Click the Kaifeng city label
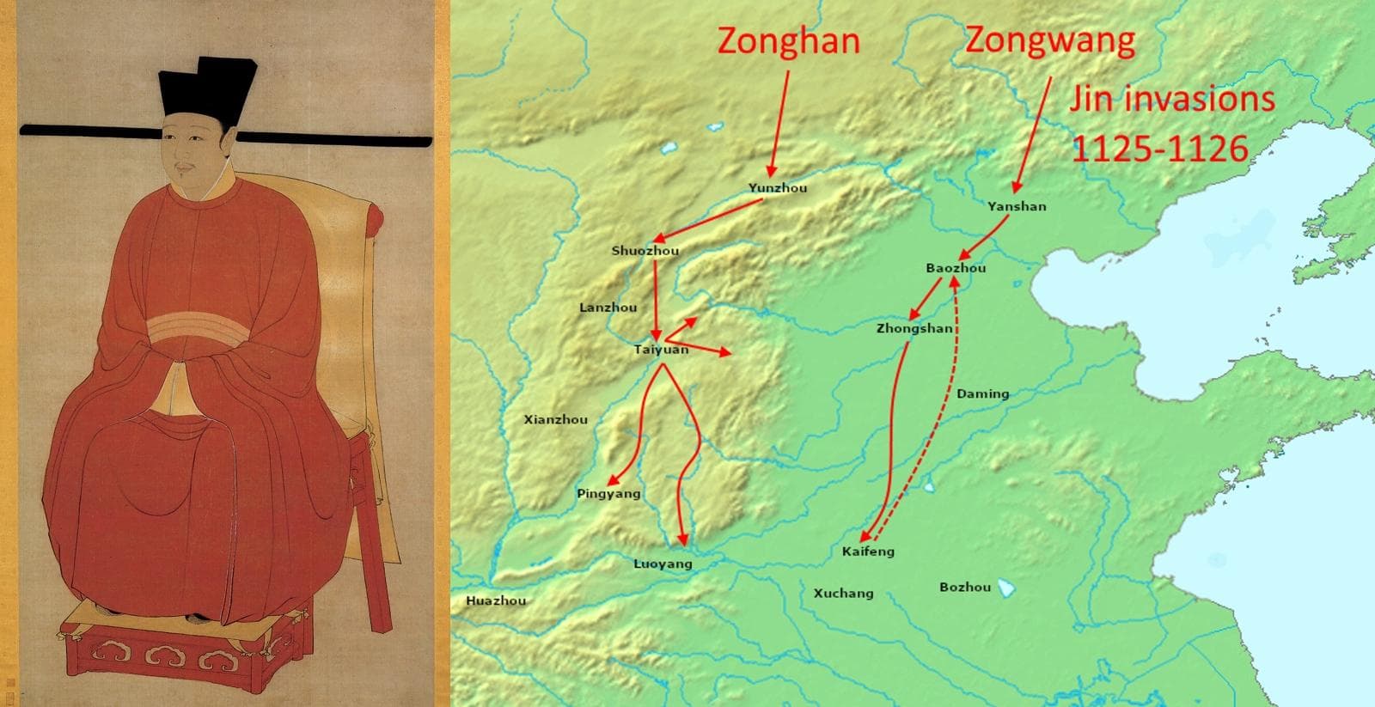coord(868,552)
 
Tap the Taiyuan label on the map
coord(661,350)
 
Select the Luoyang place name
coord(663,564)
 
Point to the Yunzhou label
coord(777,188)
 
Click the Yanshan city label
coord(1017,206)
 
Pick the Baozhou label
coord(956,268)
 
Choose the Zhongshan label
coord(914,328)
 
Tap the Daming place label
coord(982,393)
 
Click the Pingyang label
coord(608,494)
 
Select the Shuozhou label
coord(645,251)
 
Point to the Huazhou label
coord(496,600)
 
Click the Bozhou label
coord(965,588)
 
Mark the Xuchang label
coord(843,593)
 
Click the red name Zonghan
coord(788,40)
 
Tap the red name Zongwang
coord(1049,40)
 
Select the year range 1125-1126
coord(1159,149)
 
